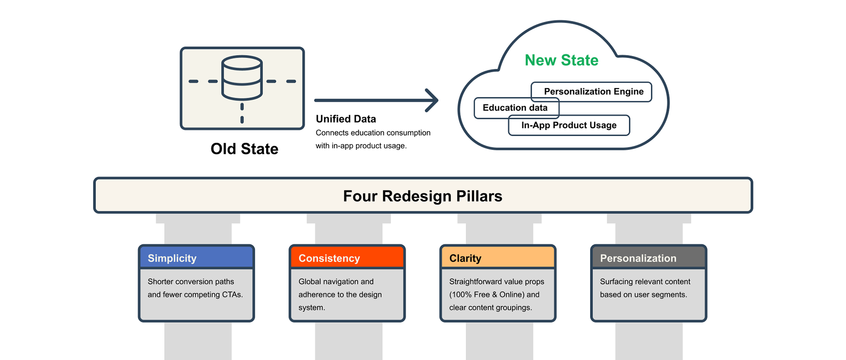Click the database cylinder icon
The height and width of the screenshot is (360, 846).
point(242,78)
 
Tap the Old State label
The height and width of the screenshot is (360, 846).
point(245,149)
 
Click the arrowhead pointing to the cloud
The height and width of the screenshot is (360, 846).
point(432,100)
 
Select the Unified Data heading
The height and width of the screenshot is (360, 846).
point(346,119)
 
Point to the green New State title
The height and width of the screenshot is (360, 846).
point(561,60)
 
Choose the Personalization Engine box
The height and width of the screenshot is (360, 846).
point(594,92)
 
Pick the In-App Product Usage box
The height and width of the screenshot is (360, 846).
point(569,126)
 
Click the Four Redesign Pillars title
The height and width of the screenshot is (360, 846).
point(423,196)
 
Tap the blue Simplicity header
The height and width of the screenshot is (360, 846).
point(197,258)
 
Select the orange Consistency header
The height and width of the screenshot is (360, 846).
point(347,258)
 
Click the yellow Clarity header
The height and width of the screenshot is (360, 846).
point(498,258)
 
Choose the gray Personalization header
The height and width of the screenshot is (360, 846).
point(649,258)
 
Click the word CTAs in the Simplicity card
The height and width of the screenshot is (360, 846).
point(232,295)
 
